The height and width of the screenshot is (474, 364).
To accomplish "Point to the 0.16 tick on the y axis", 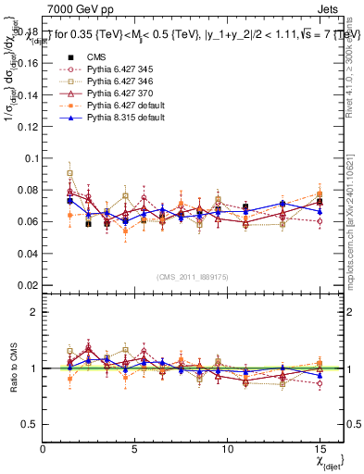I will tap(30, 63).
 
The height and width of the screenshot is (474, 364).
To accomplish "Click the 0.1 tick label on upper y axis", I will tap(32, 158).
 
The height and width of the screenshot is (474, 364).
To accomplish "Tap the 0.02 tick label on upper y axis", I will tap(30, 285).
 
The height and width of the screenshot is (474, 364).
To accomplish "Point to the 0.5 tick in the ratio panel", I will tap(32, 424).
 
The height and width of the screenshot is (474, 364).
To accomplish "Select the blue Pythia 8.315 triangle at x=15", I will tap(320, 210).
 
